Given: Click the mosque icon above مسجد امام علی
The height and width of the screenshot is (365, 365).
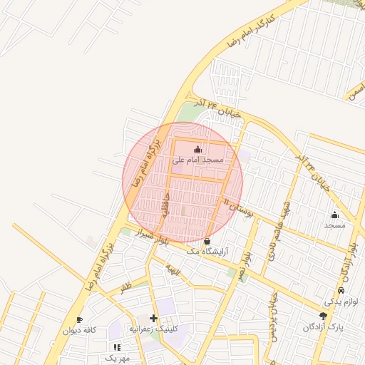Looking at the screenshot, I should (x=197, y=150).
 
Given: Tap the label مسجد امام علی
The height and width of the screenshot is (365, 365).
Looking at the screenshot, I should (x=197, y=160).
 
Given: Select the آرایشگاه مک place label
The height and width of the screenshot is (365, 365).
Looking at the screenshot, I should (x=207, y=252).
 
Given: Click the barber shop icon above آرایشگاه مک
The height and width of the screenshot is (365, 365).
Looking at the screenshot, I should (x=207, y=241).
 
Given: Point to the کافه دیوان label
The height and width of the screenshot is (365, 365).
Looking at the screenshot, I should (x=79, y=330).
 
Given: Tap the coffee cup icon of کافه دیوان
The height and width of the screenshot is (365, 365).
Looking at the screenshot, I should (x=79, y=319).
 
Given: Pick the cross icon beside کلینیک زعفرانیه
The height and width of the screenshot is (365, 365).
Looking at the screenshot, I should (x=153, y=318).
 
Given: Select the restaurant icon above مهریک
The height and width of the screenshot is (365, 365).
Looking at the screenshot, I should (x=117, y=346).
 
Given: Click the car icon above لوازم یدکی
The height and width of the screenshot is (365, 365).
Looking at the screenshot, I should (x=341, y=291).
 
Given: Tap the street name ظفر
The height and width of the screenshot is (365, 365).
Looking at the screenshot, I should (x=126, y=288).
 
